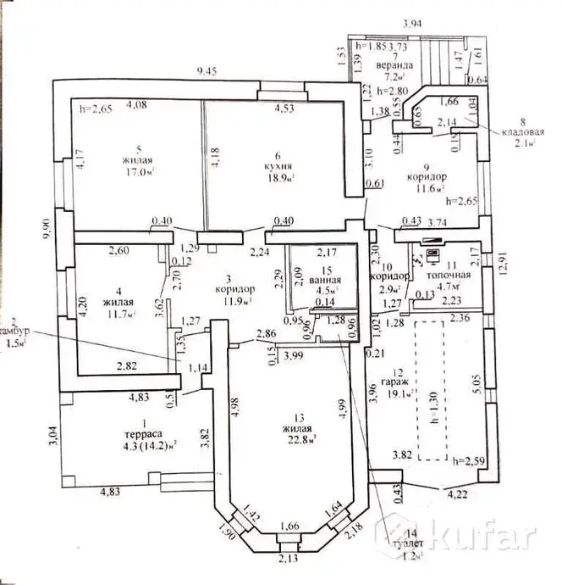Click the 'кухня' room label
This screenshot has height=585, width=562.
click(x=277, y=167)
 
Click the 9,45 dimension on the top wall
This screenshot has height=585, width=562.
click(x=208, y=70)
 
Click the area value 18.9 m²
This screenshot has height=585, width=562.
click(x=278, y=180)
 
